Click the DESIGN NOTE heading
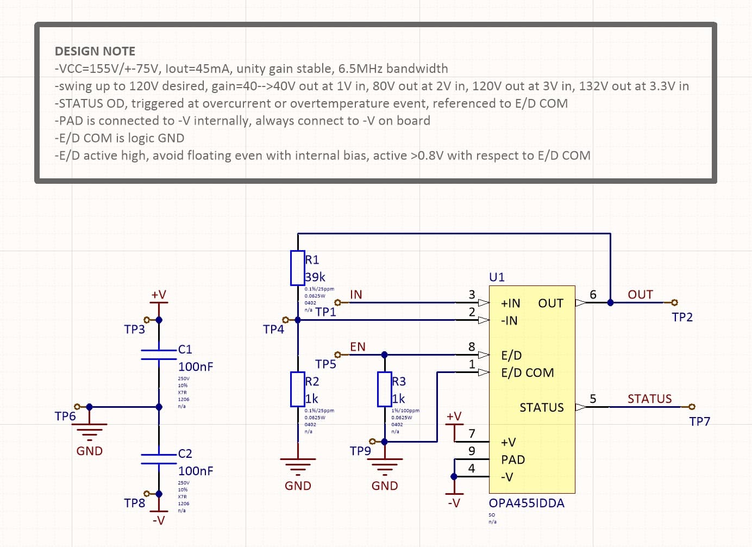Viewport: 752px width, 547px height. [95, 51]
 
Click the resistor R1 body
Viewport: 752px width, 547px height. [297, 268]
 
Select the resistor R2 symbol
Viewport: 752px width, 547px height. [297, 389]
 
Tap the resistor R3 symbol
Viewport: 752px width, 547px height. [384, 389]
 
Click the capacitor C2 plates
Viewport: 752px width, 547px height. [159, 459]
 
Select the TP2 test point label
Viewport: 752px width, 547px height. [682, 317]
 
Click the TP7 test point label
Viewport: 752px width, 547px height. [699, 421]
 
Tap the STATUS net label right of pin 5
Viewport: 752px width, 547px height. [649, 399]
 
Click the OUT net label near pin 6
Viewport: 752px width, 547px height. [640, 294]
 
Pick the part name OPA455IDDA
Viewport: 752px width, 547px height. [526, 503]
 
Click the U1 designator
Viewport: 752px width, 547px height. [497, 277]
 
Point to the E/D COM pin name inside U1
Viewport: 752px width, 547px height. [527, 372]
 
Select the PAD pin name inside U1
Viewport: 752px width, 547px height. [513, 459]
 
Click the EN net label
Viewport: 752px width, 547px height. [358, 346]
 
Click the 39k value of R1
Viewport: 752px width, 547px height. [315, 277]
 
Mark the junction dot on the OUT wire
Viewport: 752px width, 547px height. [610, 302]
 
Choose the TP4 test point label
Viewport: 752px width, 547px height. [273, 329]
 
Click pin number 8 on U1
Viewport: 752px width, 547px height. [472, 346]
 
